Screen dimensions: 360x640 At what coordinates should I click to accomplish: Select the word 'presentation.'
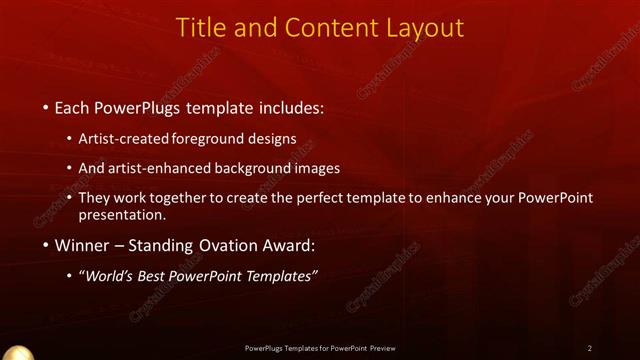pos(122,215)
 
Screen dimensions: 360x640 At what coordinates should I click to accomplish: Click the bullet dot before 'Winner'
pos(47,245)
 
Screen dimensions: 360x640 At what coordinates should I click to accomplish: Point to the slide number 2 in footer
pos(590,348)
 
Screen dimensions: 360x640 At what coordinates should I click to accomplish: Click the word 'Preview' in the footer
pos(381,348)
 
